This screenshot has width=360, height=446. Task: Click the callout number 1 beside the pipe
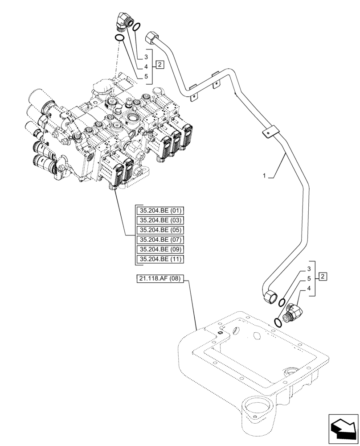click(x=264, y=177)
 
